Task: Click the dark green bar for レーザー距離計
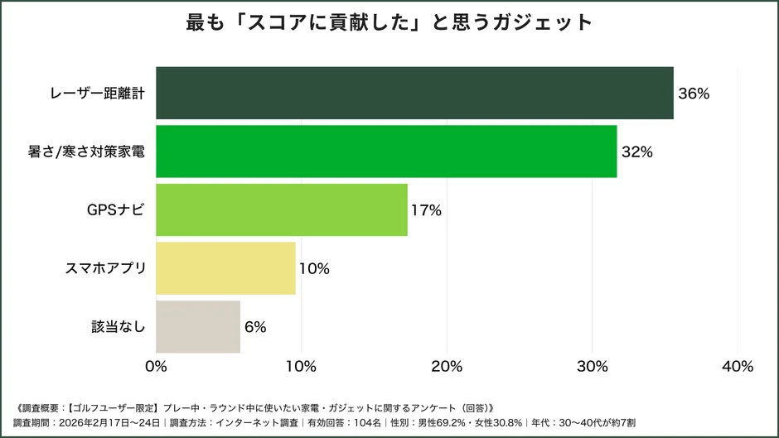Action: click(414, 93)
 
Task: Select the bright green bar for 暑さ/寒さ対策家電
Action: click(386, 152)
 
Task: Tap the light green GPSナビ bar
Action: click(282, 209)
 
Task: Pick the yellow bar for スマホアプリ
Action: click(225, 268)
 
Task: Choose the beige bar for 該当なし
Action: click(198, 326)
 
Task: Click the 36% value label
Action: click(694, 94)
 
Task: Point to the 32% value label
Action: click(637, 152)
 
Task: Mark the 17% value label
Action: click(426, 210)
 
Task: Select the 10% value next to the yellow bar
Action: click(314, 268)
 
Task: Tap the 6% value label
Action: click(255, 327)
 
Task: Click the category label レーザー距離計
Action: click(97, 94)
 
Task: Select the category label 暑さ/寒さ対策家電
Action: click(86, 152)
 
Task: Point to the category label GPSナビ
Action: click(116, 210)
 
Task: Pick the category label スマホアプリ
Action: click(105, 268)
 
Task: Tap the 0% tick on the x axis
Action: click(156, 366)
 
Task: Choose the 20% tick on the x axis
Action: click(447, 366)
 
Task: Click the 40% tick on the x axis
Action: click(738, 366)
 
